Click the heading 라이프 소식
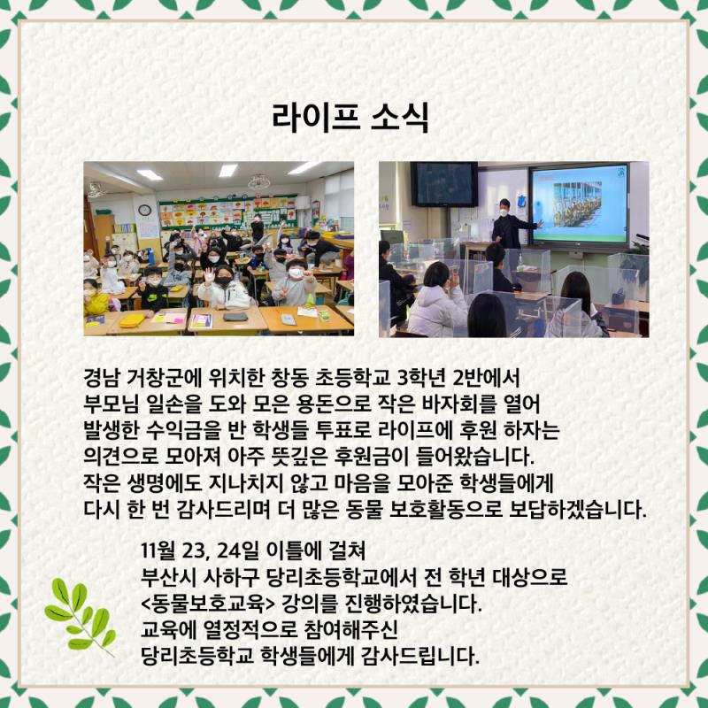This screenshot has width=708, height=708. (350, 118)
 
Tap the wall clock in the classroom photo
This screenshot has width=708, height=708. (144, 210)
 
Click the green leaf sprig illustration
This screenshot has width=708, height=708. (81, 616)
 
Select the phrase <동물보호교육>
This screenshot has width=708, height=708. (208, 604)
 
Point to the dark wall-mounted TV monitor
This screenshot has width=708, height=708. (444, 184)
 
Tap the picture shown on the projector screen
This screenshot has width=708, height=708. (578, 204)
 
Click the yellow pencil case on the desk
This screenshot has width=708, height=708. (132, 320)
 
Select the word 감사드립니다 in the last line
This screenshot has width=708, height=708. (420, 657)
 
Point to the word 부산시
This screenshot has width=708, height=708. (169, 577)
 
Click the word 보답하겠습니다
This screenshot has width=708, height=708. (578, 511)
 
